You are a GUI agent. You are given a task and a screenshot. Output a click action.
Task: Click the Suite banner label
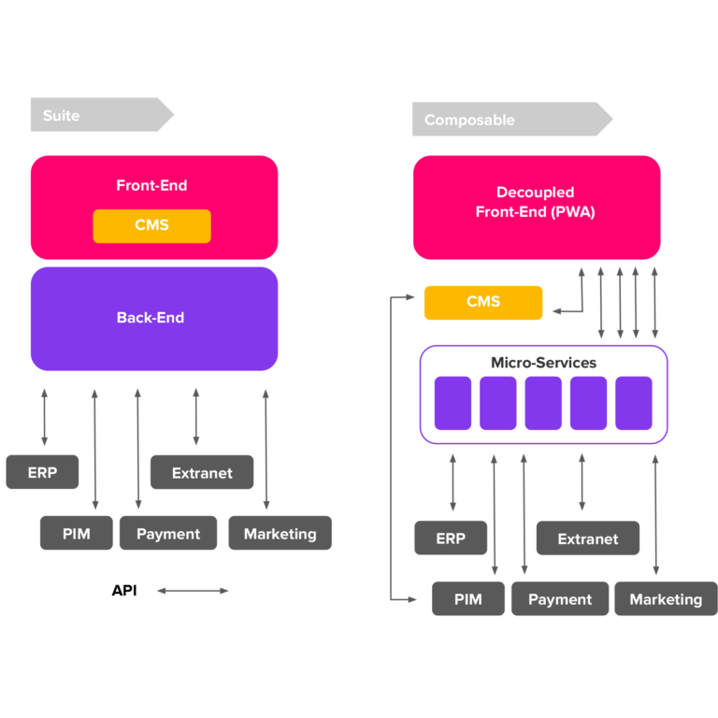pos(62,116)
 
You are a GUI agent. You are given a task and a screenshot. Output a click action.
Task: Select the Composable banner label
pos(469,120)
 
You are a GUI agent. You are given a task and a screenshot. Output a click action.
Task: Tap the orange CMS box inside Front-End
pos(151,225)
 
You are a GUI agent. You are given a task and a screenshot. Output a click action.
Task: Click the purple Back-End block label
pos(151,318)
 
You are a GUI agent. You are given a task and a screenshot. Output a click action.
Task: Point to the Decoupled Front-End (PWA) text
pos(535,203)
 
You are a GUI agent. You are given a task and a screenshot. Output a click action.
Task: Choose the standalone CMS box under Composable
pos(482,302)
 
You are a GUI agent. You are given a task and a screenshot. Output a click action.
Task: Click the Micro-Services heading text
pos(543,363)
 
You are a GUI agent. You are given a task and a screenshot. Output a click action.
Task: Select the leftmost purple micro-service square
pos(452,403)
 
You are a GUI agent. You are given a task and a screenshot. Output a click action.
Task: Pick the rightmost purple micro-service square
pos(633,403)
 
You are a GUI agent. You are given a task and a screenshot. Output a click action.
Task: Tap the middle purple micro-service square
pos(543,403)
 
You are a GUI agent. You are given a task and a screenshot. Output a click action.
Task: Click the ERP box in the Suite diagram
pos(42,472)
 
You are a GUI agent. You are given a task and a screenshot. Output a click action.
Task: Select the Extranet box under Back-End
pos(202,473)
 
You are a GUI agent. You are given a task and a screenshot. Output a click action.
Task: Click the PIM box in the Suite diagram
pos(77,533)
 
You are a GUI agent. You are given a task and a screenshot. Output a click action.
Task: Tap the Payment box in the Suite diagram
pos(168,533)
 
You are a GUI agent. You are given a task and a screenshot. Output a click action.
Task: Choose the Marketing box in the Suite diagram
pos(280,533)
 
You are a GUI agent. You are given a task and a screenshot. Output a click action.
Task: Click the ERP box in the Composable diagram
pos(451,538)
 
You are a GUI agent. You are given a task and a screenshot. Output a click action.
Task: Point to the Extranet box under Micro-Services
pos(587,538)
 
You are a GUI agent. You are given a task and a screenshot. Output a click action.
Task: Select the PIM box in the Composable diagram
pos(467,599)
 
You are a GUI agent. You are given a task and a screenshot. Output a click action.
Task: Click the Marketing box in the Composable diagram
pos(665,599)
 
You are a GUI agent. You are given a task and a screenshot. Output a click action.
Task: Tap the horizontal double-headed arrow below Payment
pos(193,591)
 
